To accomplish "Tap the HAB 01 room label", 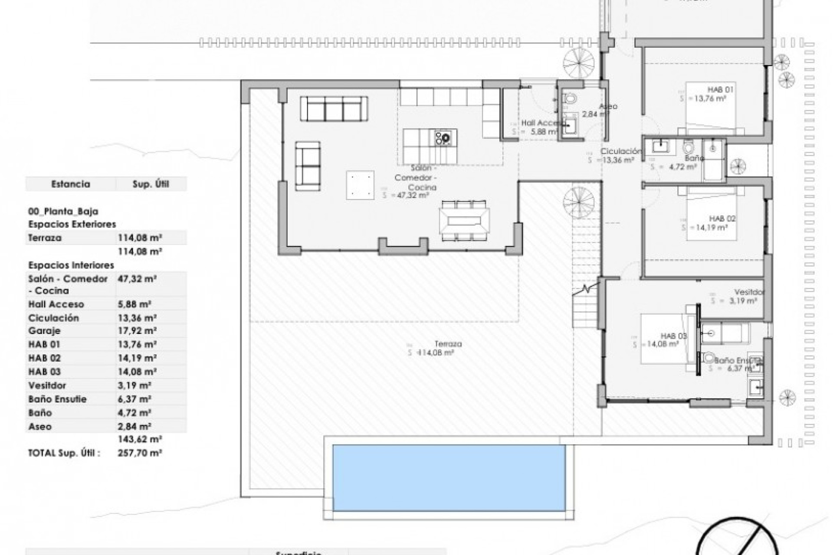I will (721, 90).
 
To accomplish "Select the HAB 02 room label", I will (722, 219).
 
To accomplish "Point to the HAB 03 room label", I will (673, 336).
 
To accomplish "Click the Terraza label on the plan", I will (449, 344).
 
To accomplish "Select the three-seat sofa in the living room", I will (334, 108).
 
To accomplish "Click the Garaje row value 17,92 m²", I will (137, 331).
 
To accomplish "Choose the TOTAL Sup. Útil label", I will (64, 453).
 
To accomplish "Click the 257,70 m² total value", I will (140, 453).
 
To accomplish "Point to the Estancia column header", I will (71, 184).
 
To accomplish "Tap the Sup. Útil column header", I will (150, 184).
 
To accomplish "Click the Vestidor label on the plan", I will (749, 292).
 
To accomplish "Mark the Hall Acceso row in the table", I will (56, 304).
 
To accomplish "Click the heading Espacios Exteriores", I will (72, 225).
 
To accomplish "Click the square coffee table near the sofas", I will (360, 185).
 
